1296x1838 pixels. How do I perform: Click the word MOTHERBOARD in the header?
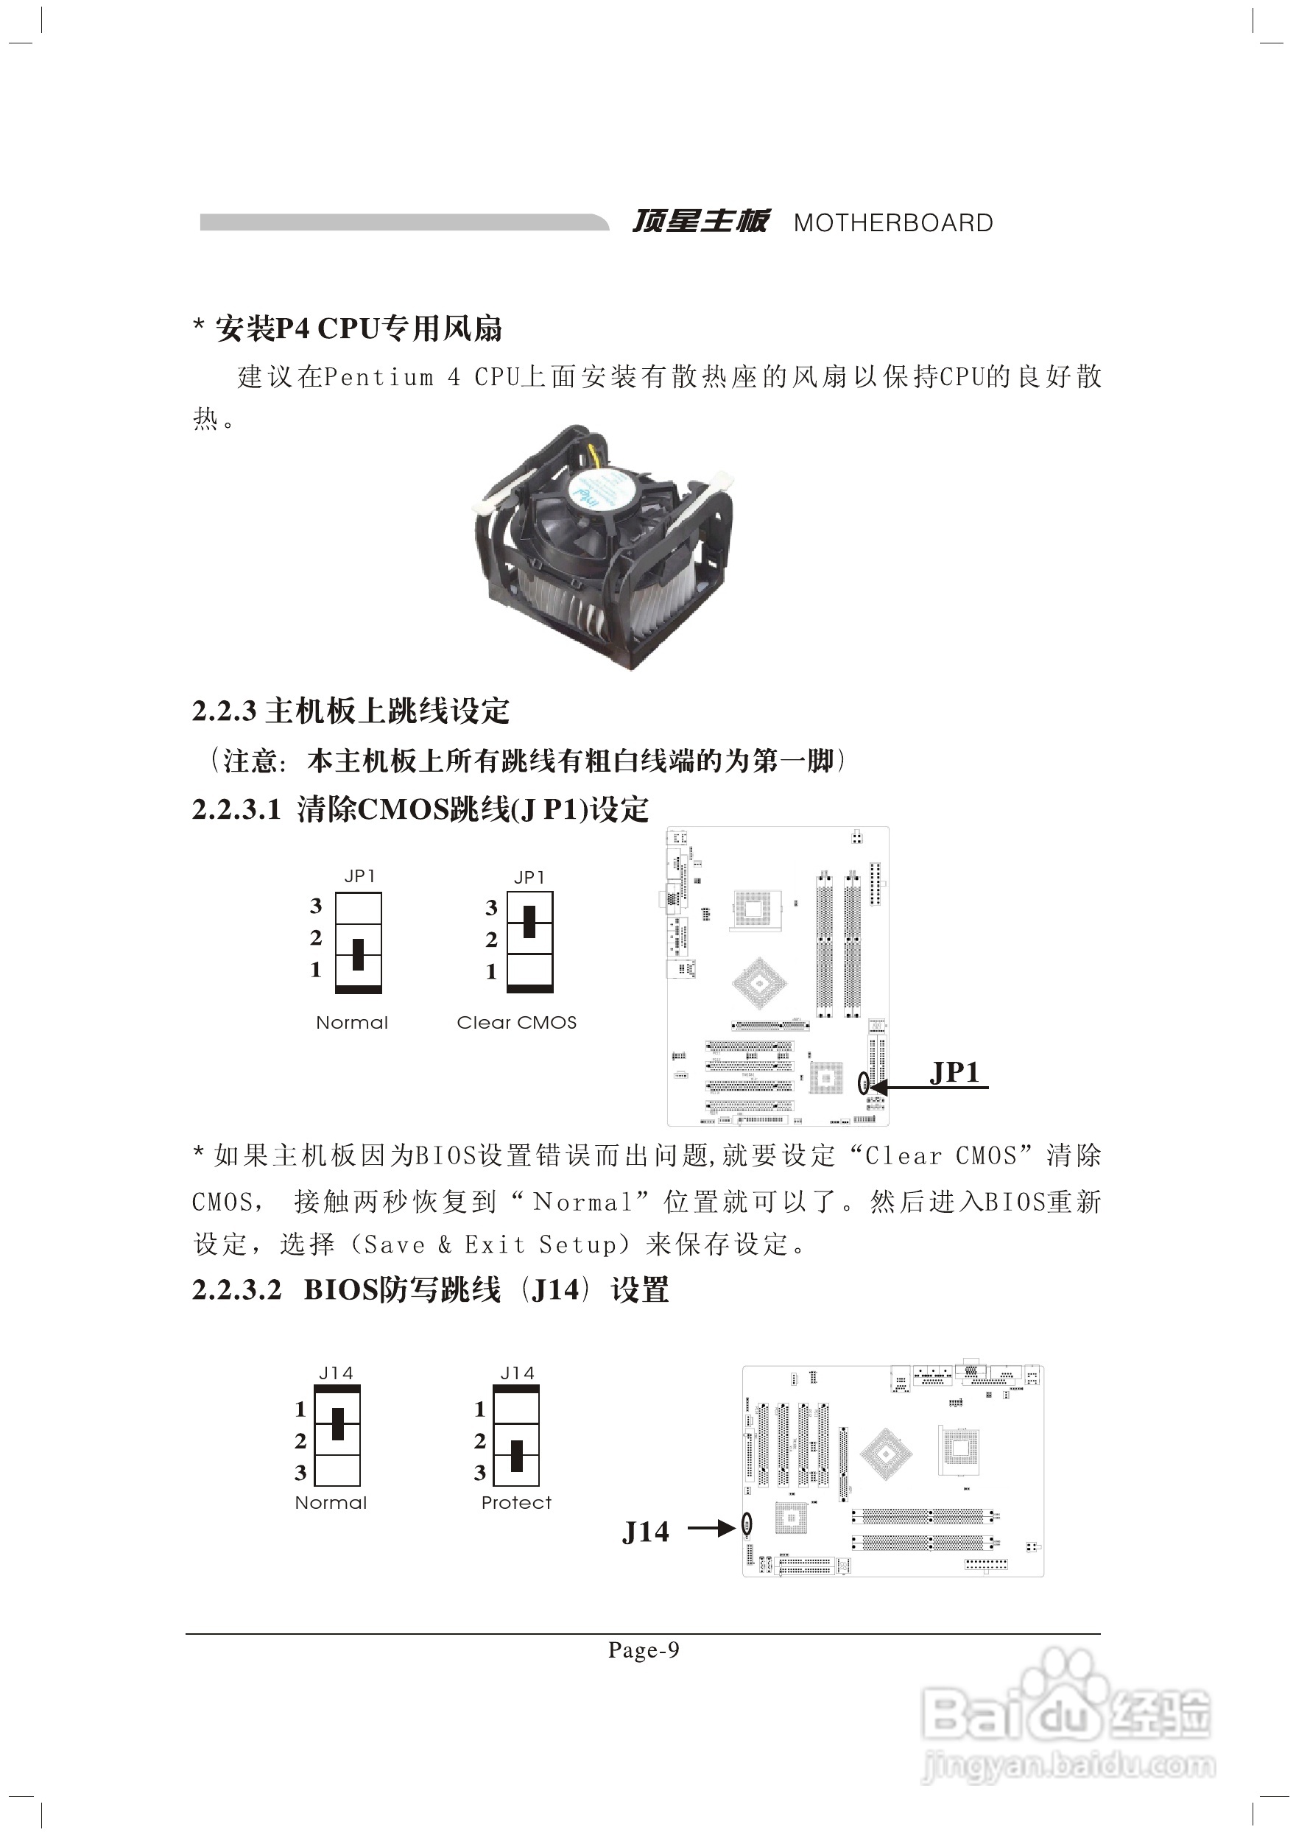click(x=892, y=222)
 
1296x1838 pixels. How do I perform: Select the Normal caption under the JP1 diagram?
click(x=351, y=1022)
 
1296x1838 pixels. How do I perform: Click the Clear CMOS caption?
click(x=516, y=1022)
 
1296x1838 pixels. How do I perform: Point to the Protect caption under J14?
click(x=515, y=1503)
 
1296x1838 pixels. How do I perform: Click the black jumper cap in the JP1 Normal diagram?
click(x=358, y=954)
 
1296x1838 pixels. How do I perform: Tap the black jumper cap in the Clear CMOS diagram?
click(x=529, y=922)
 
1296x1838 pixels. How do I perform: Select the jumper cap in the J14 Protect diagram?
click(x=516, y=1456)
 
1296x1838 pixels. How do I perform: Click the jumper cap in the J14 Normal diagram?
click(x=338, y=1424)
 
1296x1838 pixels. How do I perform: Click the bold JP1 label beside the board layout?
click(x=954, y=1073)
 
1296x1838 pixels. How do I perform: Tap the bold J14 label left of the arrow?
click(x=645, y=1532)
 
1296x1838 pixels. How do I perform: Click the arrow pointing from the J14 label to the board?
click(x=711, y=1528)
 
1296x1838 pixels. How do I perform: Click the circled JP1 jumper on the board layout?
click(x=863, y=1083)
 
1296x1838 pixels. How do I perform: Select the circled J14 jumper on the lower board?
click(x=747, y=1525)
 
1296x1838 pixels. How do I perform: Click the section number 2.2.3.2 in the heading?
click(x=237, y=1290)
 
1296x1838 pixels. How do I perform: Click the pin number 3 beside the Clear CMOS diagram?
click(x=491, y=908)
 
